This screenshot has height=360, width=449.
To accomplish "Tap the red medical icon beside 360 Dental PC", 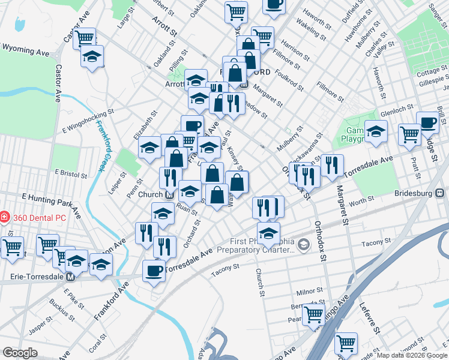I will tap(5, 217).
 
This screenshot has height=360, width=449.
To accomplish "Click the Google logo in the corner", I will tap(20, 352).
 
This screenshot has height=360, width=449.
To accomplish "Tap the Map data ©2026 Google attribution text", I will tap(412, 355).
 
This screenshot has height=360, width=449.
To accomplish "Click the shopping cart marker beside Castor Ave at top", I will tap(85, 38).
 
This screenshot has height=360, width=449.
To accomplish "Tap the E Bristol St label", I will tap(71, 173).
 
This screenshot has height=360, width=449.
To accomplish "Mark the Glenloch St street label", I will tap(397, 108).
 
